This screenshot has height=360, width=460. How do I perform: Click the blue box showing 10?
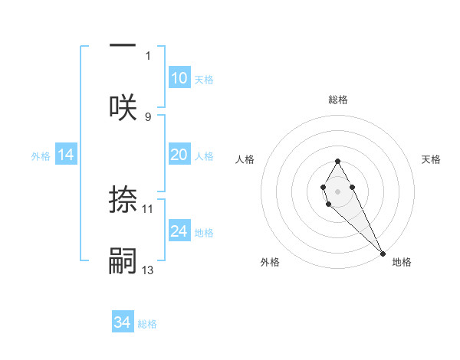click(179, 78)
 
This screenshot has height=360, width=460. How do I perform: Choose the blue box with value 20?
click(179, 155)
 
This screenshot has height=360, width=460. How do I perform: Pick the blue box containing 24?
click(179, 231)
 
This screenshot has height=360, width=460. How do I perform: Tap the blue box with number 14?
click(66, 155)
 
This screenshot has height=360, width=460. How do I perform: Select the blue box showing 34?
click(123, 322)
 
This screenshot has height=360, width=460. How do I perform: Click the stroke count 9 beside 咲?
click(148, 116)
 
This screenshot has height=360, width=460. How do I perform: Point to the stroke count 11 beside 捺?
click(148, 208)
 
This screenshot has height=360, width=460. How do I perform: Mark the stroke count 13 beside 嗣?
click(148, 270)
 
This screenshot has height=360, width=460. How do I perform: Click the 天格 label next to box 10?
click(204, 80)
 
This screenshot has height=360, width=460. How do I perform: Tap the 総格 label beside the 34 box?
click(147, 324)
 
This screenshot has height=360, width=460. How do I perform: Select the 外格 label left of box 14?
click(41, 156)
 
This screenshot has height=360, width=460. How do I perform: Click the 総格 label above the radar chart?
click(338, 100)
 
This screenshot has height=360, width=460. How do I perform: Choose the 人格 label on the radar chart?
click(245, 159)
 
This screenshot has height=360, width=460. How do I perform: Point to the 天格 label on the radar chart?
click(432, 159)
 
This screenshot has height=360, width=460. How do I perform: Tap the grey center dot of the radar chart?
click(337, 190)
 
